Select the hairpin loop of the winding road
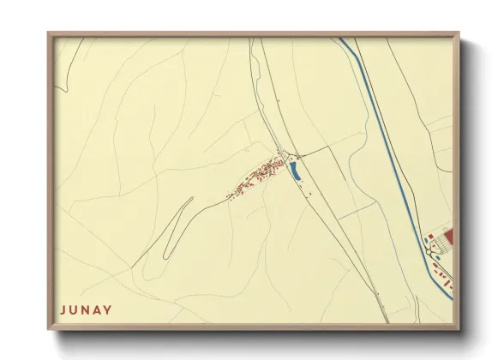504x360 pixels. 169,249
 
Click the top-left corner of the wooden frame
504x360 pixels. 49,33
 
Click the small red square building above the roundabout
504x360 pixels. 430,235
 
